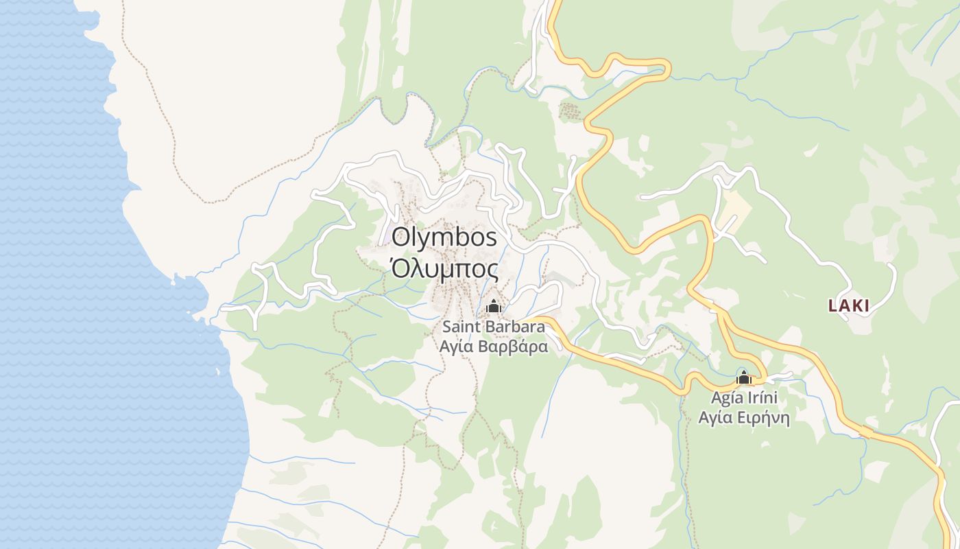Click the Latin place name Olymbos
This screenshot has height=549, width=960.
click(444, 238)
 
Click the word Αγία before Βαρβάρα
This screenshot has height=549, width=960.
click(457, 346)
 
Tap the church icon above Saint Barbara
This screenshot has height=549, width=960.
click(493, 307)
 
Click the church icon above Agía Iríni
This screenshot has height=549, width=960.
click(744, 377)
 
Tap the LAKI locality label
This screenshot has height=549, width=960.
click(849, 306)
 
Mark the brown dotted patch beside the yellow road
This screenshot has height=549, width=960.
click(570, 111)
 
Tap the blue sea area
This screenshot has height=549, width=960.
click(82, 309)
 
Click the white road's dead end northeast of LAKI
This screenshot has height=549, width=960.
click(891, 265)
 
